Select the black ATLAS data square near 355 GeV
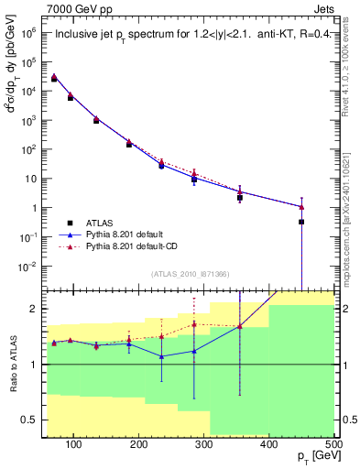click(240, 198)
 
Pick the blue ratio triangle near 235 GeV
click(161, 356)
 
